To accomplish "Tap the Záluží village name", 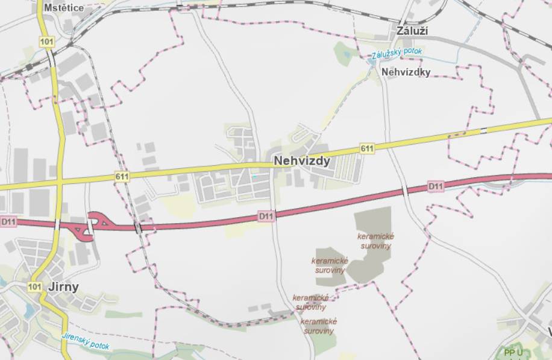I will pyautogui.click(x=412, y=30).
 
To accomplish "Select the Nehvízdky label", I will pyautogui.click(x=406, y=72).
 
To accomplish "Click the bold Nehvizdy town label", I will pyautogui.click(x=302, y=161).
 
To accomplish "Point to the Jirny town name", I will pyautogui.click(x=63, y=286).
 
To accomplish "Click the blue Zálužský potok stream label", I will pyautogui.click(x=397, y=53).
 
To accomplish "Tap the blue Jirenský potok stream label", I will pyautogui.click(x=86, y=341).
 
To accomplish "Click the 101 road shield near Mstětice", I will pyautogui.click(x=46, y=42).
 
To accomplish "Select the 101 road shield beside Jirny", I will pyautogui.click(x=35, y=286).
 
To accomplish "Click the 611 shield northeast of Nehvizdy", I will pyautogui.click(x=367, y=148).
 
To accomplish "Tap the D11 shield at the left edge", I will pyautogui.click(x=8, y=222).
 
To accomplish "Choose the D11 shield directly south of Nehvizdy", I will pyautogui.click(x=266, y=215).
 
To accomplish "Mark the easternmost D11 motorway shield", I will pyautogui.click(x=436, y=186).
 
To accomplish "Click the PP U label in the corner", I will pyautogui.click(x=513, y=353).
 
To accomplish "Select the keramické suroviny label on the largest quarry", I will pyautogui.click(x=375, y=241).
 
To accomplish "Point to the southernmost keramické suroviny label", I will pyautogui.click(x=318, y=326).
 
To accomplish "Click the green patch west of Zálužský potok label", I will pyautogui.click(x=345, y=53).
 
